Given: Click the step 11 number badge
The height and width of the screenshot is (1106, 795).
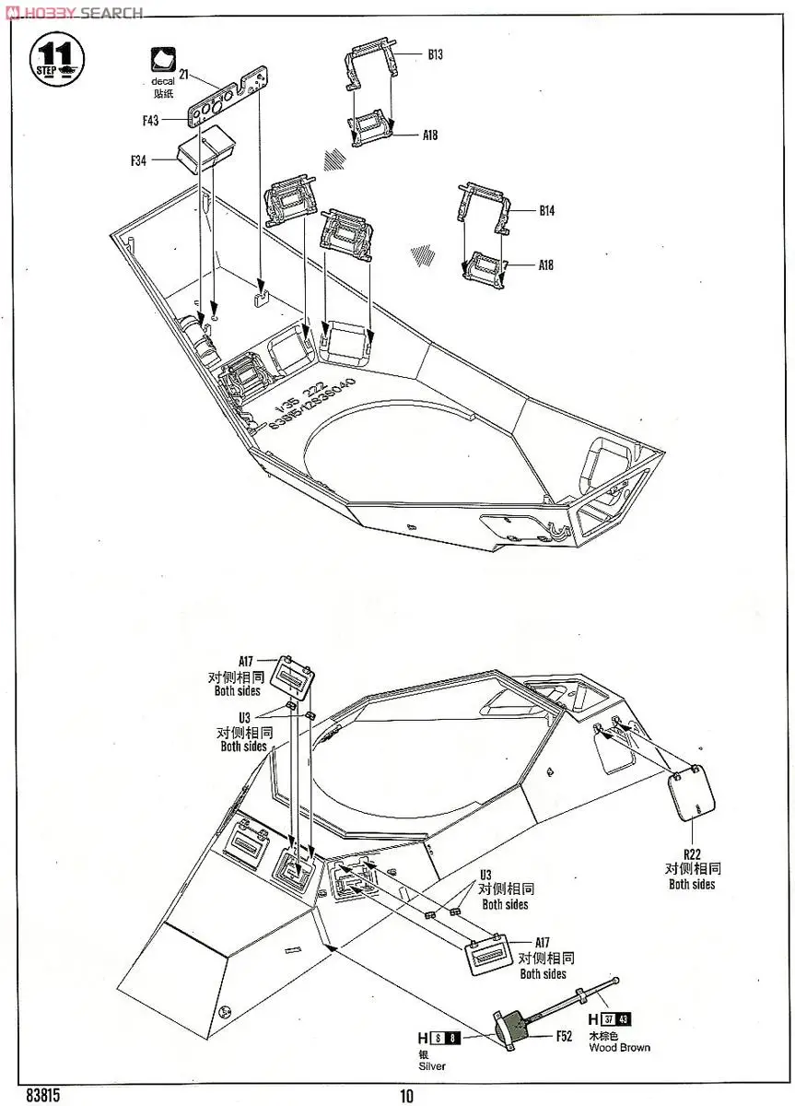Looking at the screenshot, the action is click(57, 57).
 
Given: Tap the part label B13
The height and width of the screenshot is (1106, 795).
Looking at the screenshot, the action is click(435, 55).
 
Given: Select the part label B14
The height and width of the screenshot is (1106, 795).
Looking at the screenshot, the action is click(547, 211).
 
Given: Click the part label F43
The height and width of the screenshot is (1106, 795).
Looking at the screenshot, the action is click(151, 120).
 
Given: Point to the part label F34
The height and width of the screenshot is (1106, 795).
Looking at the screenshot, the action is click(139, 159).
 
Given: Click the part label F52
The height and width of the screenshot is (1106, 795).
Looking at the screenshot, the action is click(564, 1035).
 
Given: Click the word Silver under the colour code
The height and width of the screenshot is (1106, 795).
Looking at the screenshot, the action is click(431, 1066).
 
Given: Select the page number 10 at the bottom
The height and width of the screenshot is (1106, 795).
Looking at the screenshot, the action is click(407, 1095).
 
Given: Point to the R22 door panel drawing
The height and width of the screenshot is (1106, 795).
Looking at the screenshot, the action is click(692, 794).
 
